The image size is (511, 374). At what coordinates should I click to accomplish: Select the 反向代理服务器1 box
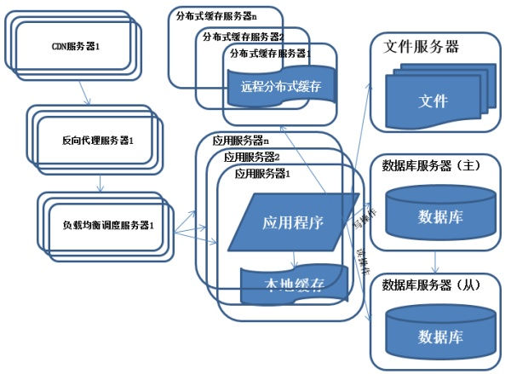[99, 139]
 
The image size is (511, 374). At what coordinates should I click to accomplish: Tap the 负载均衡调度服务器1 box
[107, 226]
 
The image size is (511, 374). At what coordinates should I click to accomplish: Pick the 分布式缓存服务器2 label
[243, 36]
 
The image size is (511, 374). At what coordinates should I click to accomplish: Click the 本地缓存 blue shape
[293, 285]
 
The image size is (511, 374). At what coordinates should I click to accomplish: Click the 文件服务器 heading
[422, 47]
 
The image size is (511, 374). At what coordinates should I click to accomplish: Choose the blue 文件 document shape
[432, 101]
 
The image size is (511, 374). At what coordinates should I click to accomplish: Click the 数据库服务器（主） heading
[432, 165]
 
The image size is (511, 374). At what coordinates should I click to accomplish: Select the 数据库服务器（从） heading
[432, 284]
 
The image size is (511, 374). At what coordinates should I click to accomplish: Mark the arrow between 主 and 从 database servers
[437, 261]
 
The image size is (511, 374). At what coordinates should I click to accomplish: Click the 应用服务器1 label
[262, 173]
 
